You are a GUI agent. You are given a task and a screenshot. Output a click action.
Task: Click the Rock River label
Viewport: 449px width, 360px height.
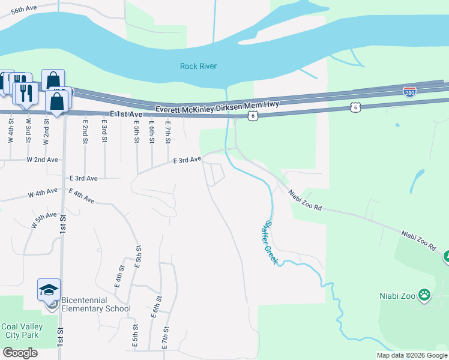[198, 66]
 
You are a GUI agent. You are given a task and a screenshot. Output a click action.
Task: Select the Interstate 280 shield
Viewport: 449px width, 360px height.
[409, 92]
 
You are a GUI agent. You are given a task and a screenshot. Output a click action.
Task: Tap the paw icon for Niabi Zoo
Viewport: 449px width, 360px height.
[425, 295]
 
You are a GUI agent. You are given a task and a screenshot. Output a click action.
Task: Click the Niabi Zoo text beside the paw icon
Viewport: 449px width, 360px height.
[398, 295]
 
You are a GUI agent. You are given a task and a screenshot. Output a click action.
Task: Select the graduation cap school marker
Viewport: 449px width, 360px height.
[49, 290]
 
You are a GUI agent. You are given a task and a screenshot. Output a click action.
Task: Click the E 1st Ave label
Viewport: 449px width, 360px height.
[127, 114]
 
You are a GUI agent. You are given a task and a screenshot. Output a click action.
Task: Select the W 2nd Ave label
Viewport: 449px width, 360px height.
[42, 160]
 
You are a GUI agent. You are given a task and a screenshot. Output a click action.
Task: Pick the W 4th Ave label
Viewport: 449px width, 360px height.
[43, 193]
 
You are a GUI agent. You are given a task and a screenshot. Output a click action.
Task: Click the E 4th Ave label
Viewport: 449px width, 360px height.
[82, 195]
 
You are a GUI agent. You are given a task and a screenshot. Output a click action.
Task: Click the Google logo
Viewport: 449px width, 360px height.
[20, 353]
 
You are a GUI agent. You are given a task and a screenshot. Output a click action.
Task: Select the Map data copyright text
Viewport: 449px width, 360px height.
[412, 355]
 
